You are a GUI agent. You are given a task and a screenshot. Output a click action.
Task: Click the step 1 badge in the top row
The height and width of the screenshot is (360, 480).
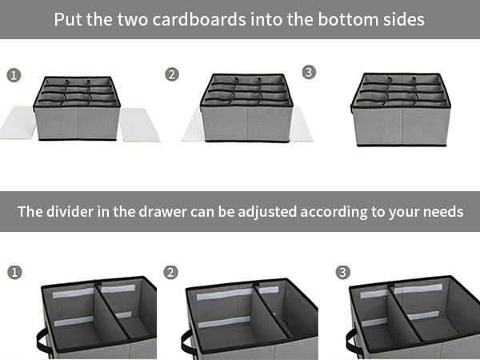[14, 75]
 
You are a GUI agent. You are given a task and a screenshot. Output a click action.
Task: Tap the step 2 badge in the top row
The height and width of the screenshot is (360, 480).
[172, 74]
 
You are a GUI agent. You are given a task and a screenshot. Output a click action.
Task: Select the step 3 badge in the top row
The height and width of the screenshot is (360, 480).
[310, 73]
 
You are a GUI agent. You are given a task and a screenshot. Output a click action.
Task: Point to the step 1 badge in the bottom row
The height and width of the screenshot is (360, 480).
[14, 273]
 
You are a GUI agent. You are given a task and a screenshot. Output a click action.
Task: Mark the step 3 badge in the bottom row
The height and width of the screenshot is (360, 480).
[343, 273]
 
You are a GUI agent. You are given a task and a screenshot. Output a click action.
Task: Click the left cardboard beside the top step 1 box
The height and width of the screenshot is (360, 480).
[18, 122]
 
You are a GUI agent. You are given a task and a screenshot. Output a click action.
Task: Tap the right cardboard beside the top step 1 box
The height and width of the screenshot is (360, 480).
[139, 125]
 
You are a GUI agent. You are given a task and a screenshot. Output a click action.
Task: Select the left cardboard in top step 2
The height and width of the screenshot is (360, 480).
[192, 126]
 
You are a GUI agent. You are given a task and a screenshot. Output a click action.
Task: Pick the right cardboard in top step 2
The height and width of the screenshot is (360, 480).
[301, 124]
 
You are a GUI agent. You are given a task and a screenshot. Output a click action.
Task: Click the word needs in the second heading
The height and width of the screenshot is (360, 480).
[442, 212]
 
